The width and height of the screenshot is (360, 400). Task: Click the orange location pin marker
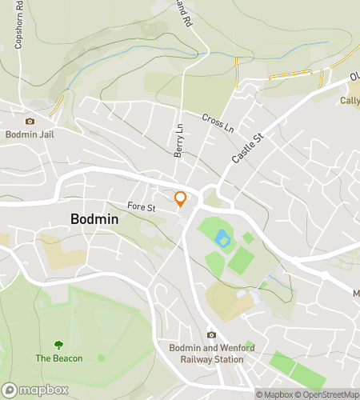pyautogui.click(x=181, y=199)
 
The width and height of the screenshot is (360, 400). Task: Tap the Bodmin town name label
pyautogui.click(x=94, y=218)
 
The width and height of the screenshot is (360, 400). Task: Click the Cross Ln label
pyautogui.click(x=218, y=122)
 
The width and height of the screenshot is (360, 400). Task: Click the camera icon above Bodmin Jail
pyautogui.click(x=30, y=121)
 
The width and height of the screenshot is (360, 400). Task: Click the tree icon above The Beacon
pyautogui.click(x=58, y=345)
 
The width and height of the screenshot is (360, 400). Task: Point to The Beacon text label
pyautogui.click(x=58, y=358)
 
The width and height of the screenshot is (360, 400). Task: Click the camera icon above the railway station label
pyautogui.click(x=211, y=335)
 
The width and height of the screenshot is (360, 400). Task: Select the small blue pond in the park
pyautogui.click(x=221, y=238)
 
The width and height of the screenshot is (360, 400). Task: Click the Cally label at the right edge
pyautogui.click(x=350, y=101)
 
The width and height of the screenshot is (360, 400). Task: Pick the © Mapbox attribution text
pyautogui.click(x=274, y=394)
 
